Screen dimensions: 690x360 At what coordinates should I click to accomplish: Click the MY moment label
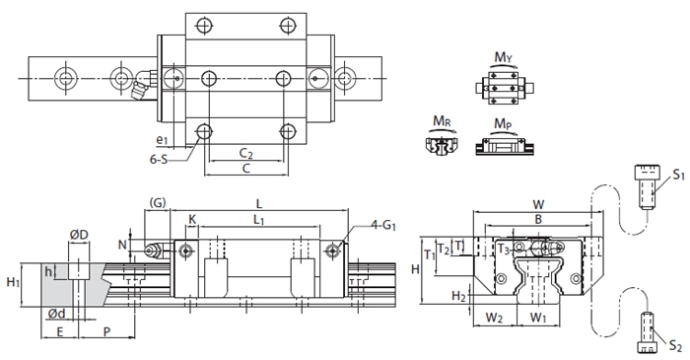coord(505,57)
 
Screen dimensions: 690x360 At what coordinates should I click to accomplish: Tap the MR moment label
coord(442,120)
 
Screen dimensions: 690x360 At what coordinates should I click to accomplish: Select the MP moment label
coord(503,123)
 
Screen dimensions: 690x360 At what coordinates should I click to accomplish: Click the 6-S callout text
coord(159,160)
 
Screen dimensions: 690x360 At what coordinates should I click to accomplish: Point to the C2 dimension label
coord(246,154)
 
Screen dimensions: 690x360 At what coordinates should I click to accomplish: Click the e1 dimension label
coord(163,140)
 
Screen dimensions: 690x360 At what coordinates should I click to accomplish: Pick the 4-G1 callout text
coord(383,226)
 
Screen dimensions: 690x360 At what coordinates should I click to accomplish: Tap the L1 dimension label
coord(258,220)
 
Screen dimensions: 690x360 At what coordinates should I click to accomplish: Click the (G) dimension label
coord(158,203)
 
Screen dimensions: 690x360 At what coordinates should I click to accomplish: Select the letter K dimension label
coord(192,219)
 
